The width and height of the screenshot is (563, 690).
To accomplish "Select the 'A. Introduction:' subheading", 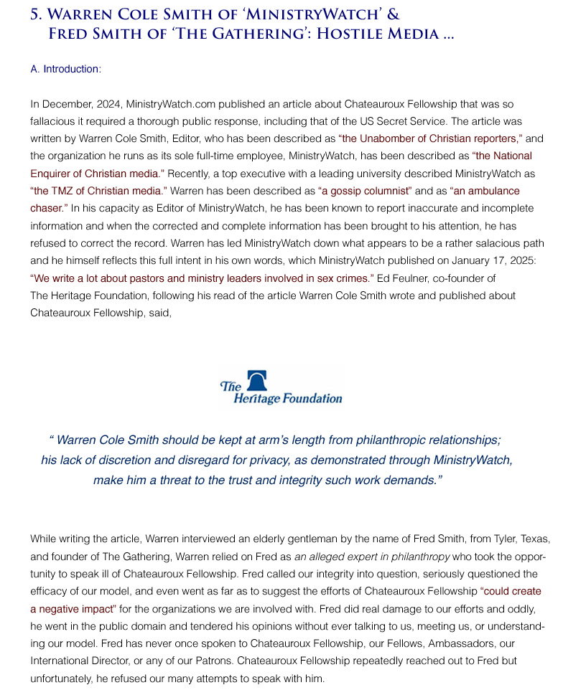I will [x=66, y=69].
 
